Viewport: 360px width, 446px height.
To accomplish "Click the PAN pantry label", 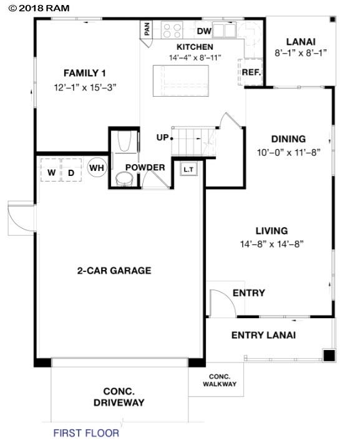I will [147, 29].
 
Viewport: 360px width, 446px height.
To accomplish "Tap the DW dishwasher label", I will [204, 31].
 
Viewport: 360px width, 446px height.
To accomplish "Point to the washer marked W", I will [52, 171].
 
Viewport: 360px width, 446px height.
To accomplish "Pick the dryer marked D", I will [72, 171].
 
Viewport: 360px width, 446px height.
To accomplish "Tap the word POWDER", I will [145, 168].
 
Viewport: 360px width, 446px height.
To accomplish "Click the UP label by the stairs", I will [162, 137].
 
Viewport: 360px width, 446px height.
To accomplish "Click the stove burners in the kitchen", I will [172, 30].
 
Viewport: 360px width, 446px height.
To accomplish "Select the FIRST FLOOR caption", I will [86, 432].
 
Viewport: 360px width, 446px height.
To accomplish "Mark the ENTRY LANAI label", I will [263, 336].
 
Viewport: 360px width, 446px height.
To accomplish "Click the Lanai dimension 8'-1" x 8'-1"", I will [301, 54].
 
